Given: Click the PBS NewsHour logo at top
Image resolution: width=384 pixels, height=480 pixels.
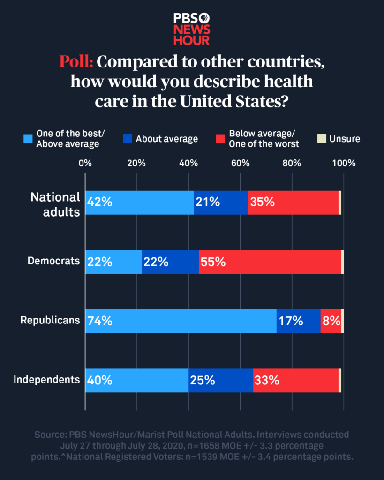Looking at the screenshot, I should point(191,29).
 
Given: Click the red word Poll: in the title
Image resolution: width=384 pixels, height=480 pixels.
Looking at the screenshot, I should point(76,62).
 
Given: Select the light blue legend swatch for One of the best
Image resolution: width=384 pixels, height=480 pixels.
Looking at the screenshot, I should point(29,139).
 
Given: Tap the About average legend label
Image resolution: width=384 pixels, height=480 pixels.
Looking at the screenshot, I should point(166,139).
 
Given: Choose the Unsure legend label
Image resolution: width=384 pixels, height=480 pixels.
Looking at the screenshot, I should point(345,139).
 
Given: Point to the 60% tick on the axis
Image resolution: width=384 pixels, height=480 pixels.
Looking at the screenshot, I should point(240,164).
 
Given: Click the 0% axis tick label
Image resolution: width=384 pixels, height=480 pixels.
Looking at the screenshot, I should point(85,164).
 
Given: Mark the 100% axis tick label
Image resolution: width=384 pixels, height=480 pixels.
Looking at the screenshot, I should point(344,164).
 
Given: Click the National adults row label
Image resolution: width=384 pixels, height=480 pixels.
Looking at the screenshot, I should point(55,204).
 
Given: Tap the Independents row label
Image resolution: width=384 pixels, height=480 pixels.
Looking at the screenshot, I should point(46,380).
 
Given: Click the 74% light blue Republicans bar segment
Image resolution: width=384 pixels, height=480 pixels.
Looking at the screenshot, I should point(181,321).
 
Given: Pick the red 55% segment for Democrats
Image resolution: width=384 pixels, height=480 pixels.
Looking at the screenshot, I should point(270,262).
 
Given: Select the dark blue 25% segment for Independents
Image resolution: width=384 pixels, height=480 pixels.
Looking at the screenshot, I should point(220,381).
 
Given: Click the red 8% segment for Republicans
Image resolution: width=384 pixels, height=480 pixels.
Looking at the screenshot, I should point(331,321).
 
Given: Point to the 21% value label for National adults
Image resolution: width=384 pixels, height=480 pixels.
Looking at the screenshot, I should point(208,202).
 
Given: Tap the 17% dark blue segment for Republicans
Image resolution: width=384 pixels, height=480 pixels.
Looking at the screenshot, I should point(298,321).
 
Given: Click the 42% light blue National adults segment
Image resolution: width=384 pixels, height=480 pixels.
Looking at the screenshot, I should point(139,202).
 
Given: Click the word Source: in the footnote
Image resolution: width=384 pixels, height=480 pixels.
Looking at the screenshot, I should point(49,435).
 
